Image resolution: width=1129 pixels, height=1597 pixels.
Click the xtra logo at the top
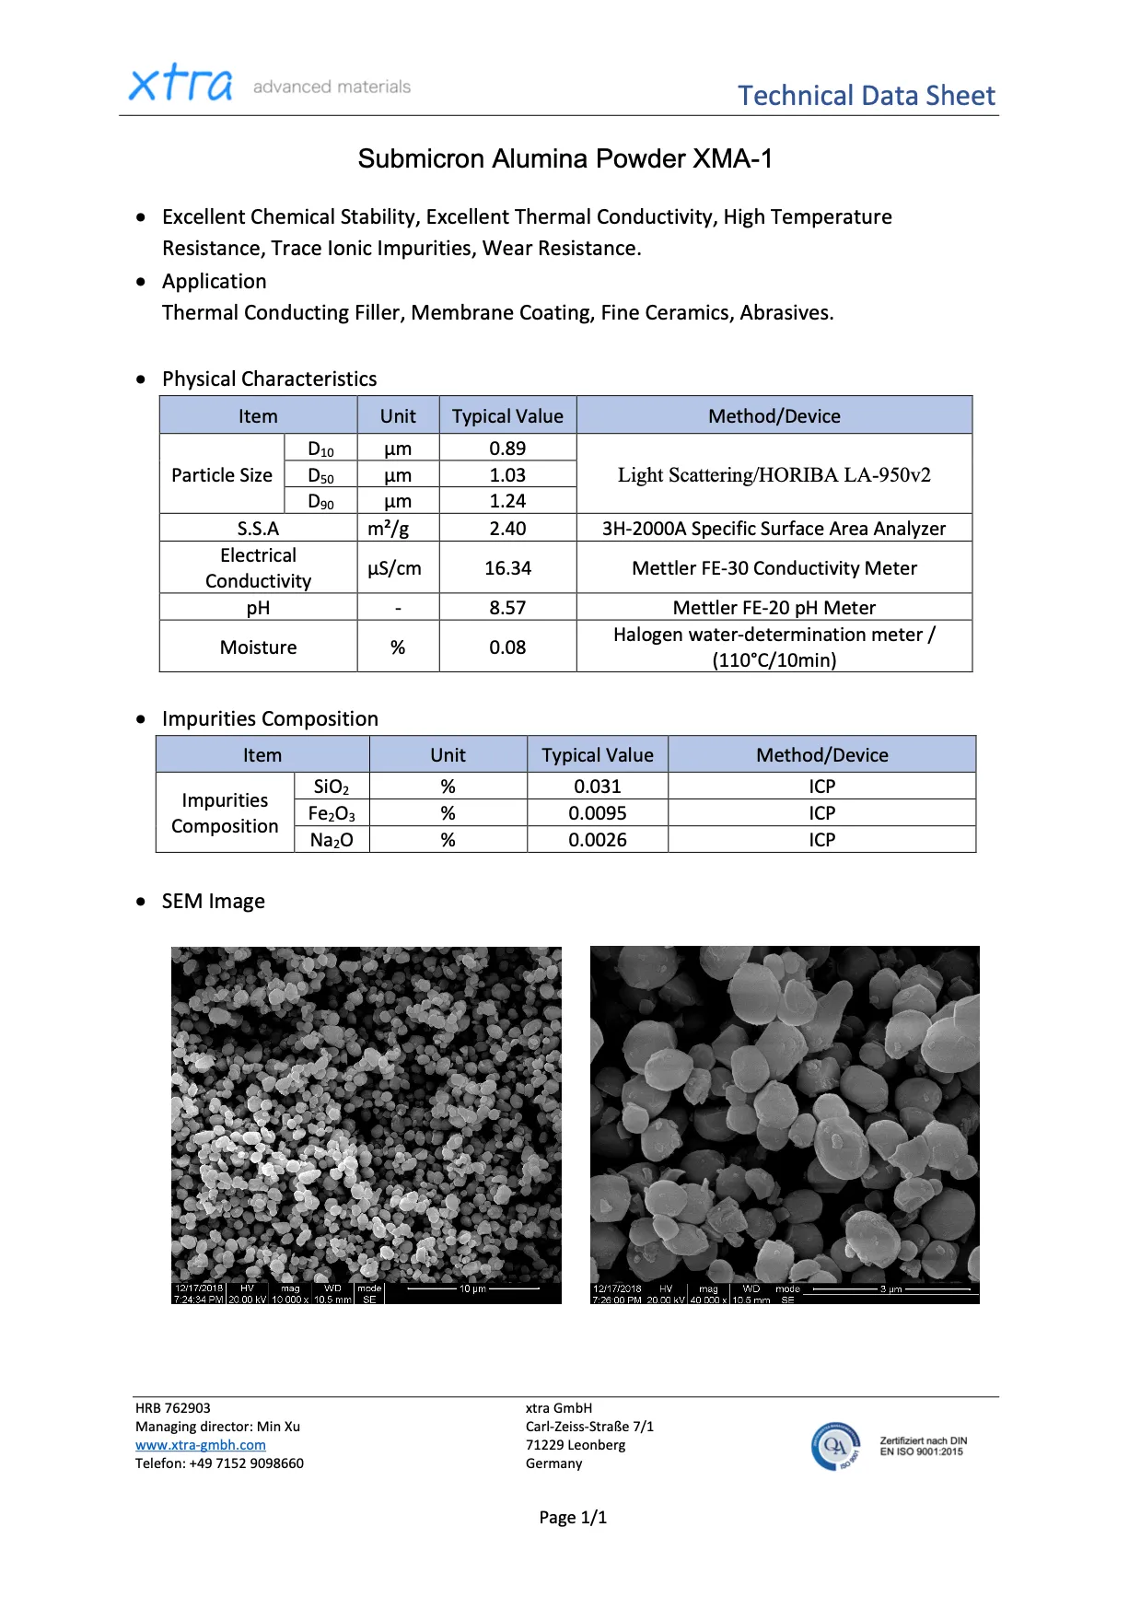coord(180,84)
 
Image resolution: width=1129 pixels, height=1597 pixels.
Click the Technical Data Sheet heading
coord(866,96)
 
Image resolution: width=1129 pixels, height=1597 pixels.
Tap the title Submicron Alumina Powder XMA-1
coord(564,159)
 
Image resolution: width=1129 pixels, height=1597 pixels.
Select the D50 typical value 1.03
coord(507,475)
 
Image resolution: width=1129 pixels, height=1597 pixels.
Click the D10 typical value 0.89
coord(507,449)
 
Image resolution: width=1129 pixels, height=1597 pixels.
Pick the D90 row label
coord(320,502)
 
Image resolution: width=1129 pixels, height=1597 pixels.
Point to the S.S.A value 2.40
coord(507,529)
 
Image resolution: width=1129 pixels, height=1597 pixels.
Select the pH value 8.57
coord(507,608)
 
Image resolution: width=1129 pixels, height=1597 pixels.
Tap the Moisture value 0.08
coord(507,647)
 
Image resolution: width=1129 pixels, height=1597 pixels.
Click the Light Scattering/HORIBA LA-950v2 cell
coord(774,475)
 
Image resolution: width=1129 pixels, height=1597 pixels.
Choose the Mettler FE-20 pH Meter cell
coord(774,608)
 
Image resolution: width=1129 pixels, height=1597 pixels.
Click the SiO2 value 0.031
coord(597,787)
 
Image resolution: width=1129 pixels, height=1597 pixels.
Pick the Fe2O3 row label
coord(332,813)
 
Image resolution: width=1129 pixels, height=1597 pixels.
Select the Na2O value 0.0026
coord(597,840)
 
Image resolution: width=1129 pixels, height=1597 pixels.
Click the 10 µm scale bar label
coord(472,1288)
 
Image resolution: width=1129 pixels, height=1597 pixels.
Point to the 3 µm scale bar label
coord(890,1289)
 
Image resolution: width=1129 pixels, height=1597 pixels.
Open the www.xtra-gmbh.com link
coord(201,1445)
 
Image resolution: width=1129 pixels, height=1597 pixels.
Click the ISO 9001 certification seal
coord(836,1446)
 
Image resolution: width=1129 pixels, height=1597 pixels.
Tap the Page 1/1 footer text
coord(573,1518)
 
